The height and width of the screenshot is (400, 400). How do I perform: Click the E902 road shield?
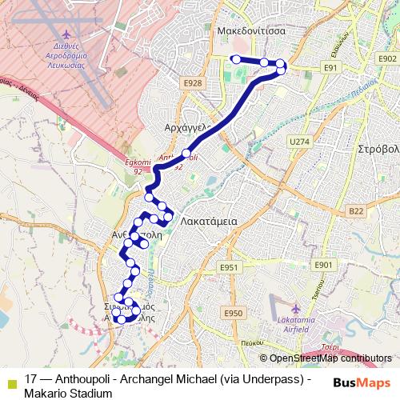[x=388, y=59]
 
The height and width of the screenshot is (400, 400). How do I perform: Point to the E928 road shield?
[x=191, y=82]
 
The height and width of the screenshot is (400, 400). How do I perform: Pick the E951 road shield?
[x=230, y=266]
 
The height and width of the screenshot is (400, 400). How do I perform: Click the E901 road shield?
[x=323, y=265]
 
